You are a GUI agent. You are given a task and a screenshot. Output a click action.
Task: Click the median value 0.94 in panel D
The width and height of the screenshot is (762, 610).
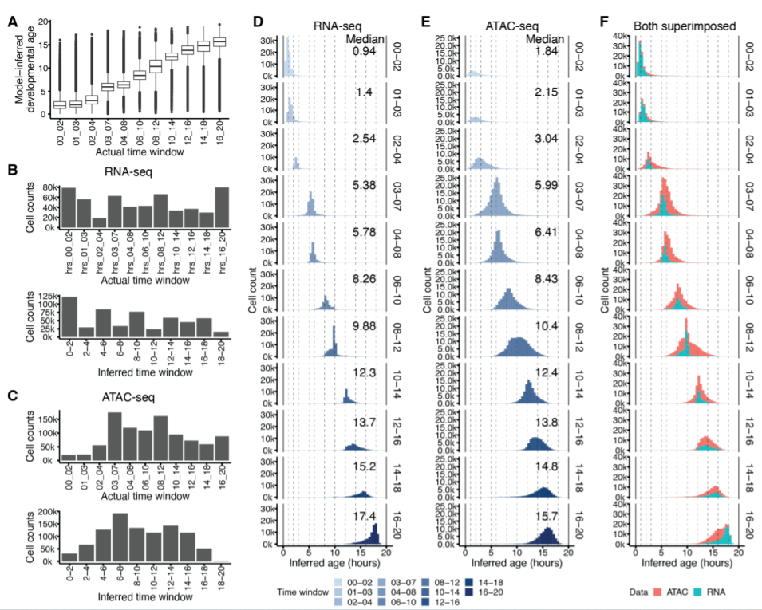pos(364,53)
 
